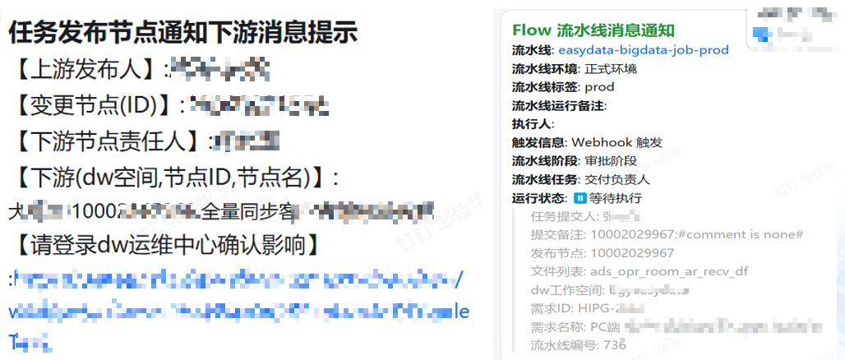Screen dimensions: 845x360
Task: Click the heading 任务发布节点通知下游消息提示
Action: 182,32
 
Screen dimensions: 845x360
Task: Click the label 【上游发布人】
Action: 86,68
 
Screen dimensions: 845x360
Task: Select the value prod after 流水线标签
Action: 599,86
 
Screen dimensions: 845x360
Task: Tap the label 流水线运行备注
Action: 558,105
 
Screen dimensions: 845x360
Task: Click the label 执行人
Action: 532,123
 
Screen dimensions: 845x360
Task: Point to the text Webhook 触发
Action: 616,142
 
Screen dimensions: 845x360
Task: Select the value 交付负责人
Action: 616,179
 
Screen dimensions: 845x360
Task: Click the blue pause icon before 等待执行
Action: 579,198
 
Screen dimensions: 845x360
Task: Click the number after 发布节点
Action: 632,252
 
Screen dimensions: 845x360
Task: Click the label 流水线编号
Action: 557,344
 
